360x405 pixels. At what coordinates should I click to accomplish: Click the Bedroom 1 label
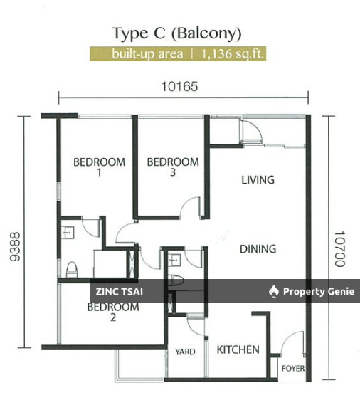[x=100, y=167]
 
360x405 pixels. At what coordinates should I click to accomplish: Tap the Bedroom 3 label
[x=173, y=167]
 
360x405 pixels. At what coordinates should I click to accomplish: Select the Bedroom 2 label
[x=113, y=312]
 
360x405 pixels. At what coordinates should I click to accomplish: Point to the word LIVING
[x=258, y=180]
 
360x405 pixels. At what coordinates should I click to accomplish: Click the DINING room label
[x=258, y=249]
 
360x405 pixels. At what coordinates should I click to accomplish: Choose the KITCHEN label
[x=238, y=349]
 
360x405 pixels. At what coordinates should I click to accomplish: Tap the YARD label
[x=185, y=352]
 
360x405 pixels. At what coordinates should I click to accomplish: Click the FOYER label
[x=293, y=368]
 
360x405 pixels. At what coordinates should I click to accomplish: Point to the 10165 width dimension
[x=180, y=87]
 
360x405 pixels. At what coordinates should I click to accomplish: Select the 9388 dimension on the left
[x=15, y=247]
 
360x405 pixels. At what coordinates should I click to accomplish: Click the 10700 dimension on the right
[x=340, y=248]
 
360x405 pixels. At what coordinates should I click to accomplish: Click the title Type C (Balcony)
[x=177, y=33]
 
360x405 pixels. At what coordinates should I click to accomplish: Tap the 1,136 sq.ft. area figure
[x=233, y=54]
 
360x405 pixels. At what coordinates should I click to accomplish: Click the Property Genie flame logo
[x=274, y=291]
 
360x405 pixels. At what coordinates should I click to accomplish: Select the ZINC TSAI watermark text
[x=120, y=292]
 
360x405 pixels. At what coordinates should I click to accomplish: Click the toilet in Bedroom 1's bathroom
[x=72, y=269]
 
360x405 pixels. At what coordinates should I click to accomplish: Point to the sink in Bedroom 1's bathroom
[x=68, y=232]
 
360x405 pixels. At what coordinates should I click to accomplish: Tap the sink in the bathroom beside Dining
[x=174, y=261]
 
